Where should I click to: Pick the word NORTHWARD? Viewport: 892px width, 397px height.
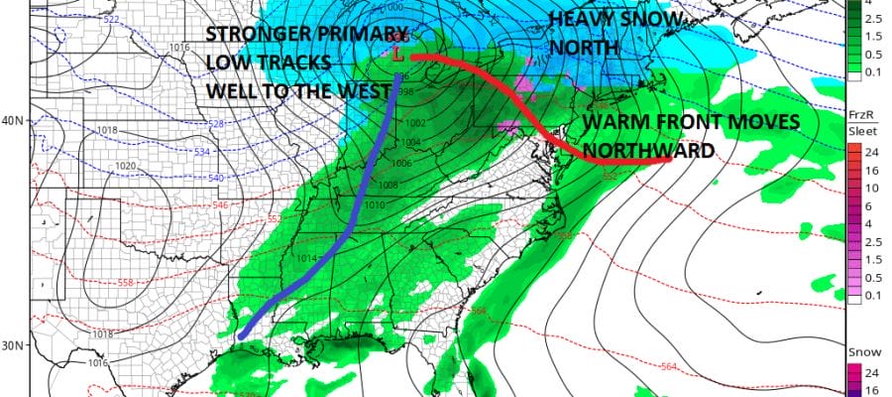(x=648, y=151)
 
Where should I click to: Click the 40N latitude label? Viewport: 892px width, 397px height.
(x=13, y=120)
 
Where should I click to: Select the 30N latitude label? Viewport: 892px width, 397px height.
(x=13, y=344)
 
